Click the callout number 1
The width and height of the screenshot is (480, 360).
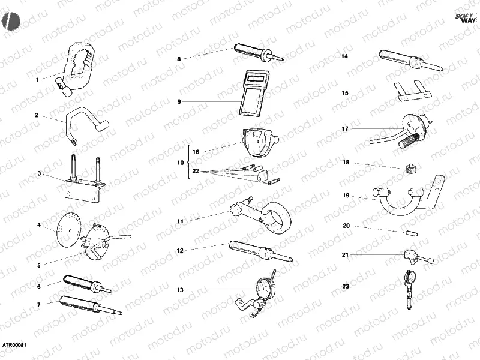pos(37,80)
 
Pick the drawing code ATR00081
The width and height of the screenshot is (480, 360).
pos(13,345)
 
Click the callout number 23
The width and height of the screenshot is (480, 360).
pos(345,286)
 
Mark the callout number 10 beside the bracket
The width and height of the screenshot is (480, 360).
pos(180,163)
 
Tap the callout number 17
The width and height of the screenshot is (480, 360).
pos(345,128)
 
